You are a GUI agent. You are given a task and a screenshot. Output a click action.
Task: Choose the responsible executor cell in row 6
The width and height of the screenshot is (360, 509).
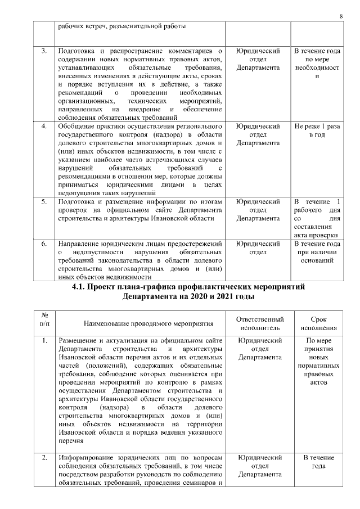coord(258,248)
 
